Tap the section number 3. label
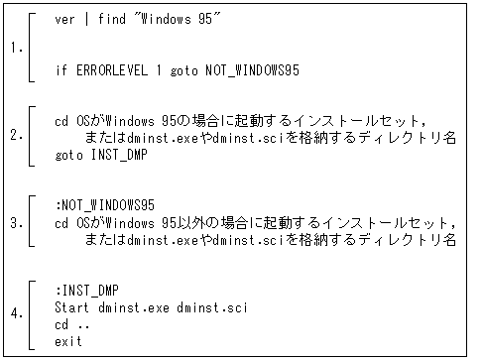pos(17,223)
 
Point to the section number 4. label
pos(17,313)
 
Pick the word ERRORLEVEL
pos(110,70)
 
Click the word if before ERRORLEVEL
pos(61,70)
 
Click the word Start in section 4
pos(73,307)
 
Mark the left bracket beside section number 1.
pos(33,46)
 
